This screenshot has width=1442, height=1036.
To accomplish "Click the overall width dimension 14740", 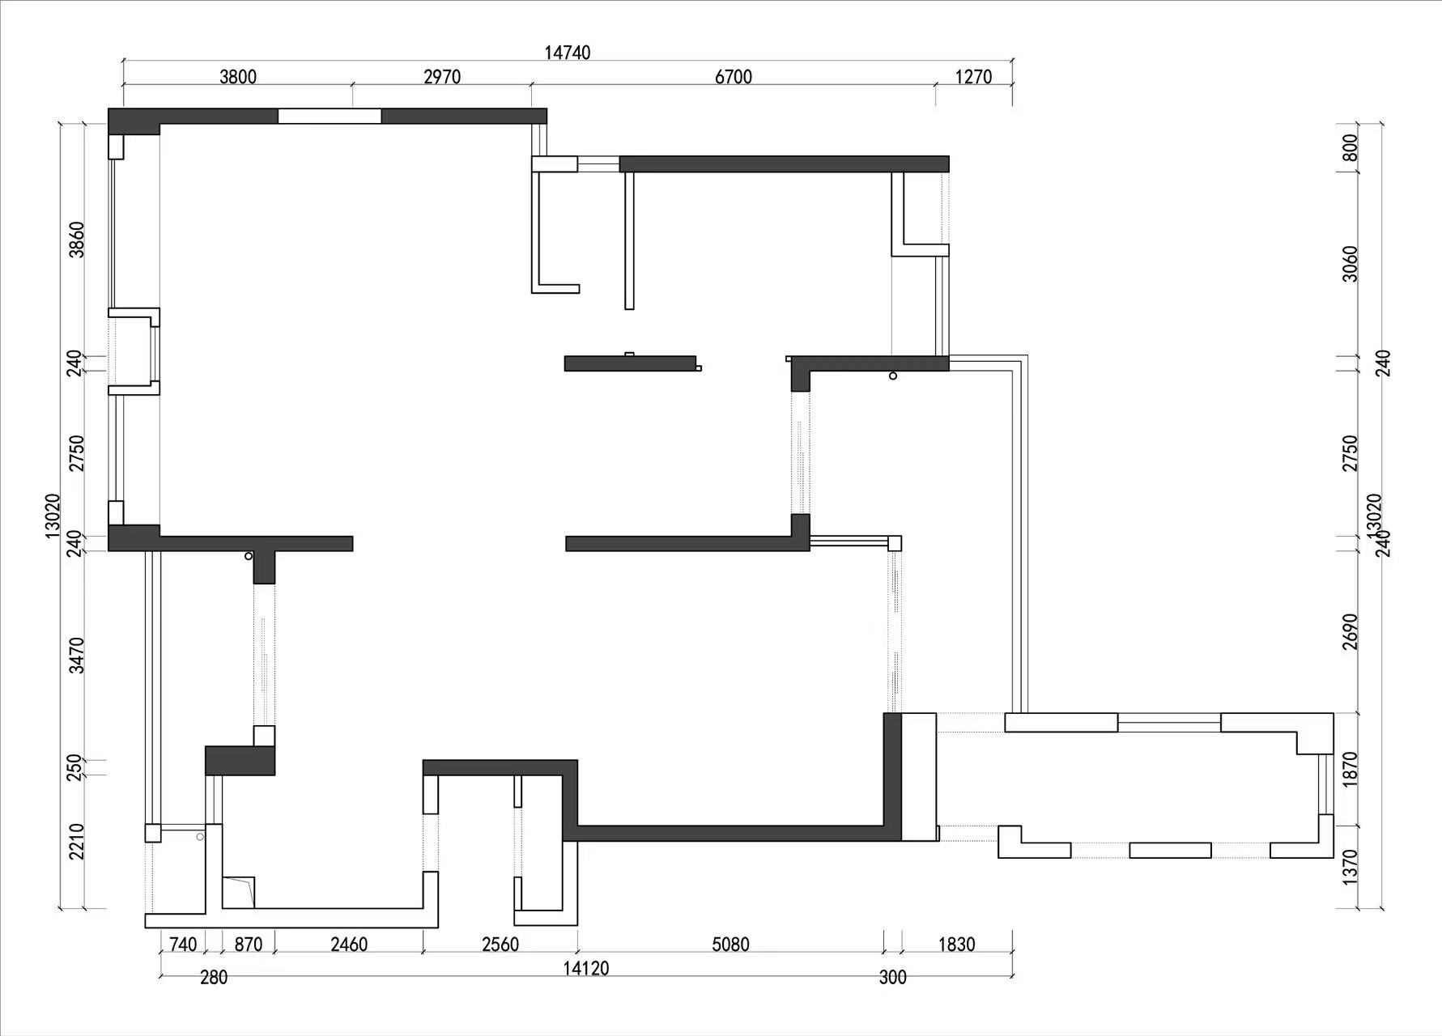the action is point(567,53).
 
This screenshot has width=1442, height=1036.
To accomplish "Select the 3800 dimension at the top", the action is point(237,77).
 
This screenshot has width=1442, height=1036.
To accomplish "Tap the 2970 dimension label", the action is point(442,77).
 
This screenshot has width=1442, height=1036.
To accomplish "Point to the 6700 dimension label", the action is point(734,77).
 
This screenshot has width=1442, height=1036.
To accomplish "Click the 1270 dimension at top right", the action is point(973,77).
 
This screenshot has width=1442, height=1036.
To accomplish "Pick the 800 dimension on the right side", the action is point(1350,148).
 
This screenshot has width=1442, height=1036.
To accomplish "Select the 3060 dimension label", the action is point(1350,264).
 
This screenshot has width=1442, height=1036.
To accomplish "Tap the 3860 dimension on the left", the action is point(76,240).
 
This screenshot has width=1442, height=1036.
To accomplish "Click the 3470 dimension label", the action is point(76,656).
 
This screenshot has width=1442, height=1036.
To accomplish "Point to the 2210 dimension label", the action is point(76,842).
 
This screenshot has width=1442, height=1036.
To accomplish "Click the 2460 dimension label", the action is point(349,945).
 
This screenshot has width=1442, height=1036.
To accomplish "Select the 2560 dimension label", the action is point(500,945).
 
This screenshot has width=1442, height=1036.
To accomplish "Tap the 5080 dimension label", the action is point(730,945).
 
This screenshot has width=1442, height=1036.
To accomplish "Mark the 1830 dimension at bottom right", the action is point(956,945).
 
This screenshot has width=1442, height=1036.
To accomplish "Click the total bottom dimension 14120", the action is point(586,969).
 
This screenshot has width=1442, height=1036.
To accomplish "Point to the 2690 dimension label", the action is point(1350,632).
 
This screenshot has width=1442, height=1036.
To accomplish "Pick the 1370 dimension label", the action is point(1350,868).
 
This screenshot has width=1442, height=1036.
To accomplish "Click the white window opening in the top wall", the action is point(330,117).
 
